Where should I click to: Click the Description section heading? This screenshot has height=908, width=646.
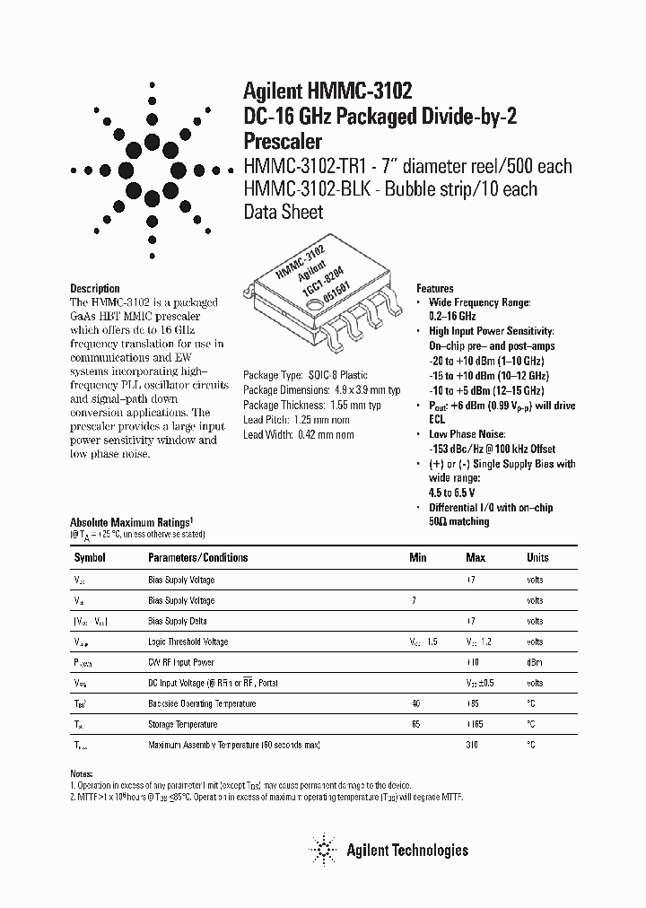(x=94, y=288)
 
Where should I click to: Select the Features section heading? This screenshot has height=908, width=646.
(x=434, y=289)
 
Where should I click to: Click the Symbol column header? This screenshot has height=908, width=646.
(x=89, y=557)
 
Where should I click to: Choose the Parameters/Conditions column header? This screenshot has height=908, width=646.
(x=197, y=557)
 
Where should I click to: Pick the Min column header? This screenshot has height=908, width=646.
(x=418, y=557)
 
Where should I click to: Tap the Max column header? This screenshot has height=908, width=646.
(x=476, y=557)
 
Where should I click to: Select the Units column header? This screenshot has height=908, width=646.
(x=537, y=557)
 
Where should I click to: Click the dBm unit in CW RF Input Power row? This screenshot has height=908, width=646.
(x=535, y=662)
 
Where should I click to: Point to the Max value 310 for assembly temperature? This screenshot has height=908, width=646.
(x=472, y=745)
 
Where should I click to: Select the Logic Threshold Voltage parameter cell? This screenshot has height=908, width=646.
(x=188, y=642)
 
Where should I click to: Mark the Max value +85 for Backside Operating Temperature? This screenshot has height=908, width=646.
(x=472, y=703)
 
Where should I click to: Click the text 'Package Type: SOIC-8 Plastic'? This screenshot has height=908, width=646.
(x=306, y=375)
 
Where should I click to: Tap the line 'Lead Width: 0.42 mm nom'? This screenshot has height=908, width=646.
(x=299, y=435)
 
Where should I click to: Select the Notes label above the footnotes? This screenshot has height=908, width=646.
(x=81, y=773)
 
